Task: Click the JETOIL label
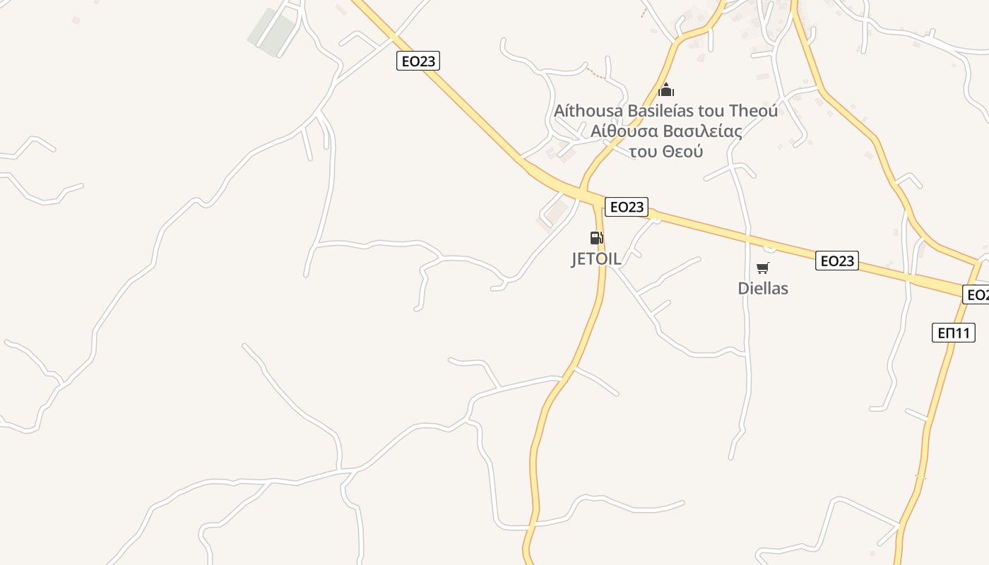tap(596, 258)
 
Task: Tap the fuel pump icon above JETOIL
tap(596, 238)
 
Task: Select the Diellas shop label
tap(763, 288)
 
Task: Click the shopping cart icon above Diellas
tap(762, 268)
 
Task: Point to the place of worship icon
tap(666, 90)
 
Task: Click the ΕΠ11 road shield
tap(954, 333)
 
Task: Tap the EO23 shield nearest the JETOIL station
tap(627, 206)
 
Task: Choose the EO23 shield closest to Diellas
tap(836, 261)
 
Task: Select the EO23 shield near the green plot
tap(418, 61)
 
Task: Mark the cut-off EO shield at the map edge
tap(976, 295)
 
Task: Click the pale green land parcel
tap(272, 32)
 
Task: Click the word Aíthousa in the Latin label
tap(588, 111)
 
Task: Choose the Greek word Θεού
tap(682, 151)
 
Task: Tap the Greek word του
tap(643, 151)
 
